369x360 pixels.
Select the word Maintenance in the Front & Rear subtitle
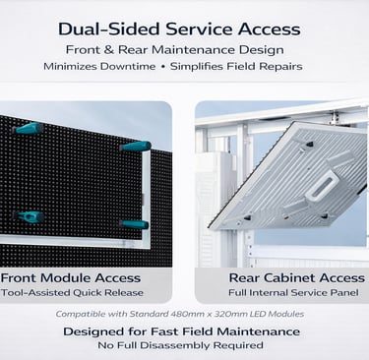pyautogui.click(x=230, y=49)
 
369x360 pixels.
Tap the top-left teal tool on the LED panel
pyautogui.click(x=28, y=128)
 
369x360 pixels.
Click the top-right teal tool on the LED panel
pyautogui.click(x=136, y=147)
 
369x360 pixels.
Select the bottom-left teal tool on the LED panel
pyautogui.click(x=30, y=215)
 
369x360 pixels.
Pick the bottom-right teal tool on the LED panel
pyautogui.click(x=134, y=224)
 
